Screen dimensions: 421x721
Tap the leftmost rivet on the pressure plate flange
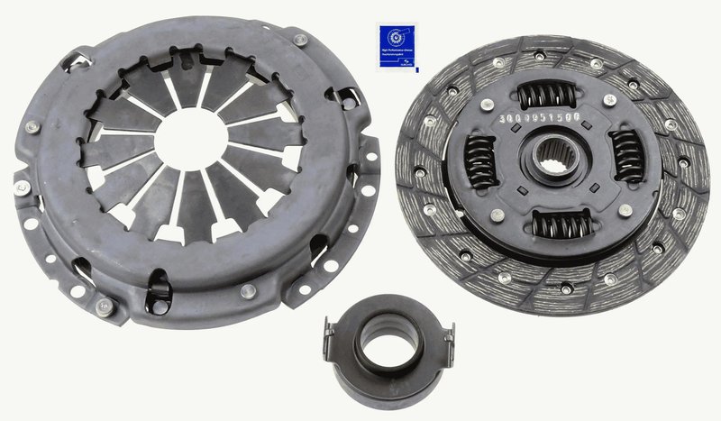pyautogui.click(x=21, y=188)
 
